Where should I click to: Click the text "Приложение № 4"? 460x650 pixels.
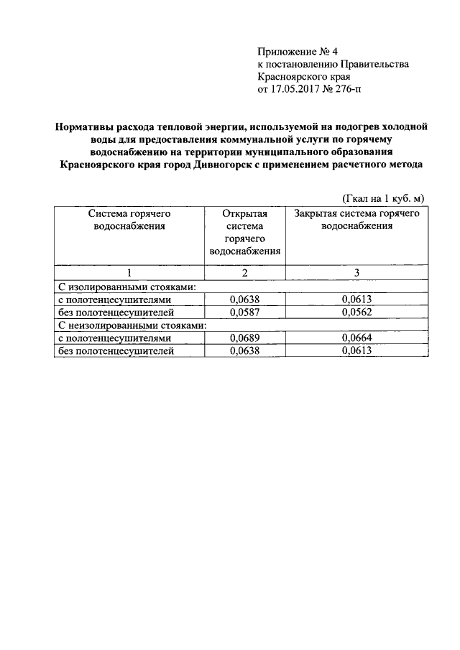tap(297, 52)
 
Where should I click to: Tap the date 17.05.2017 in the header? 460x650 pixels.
tap(295, 90)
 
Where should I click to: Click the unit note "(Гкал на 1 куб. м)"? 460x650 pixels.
tap(382, 198)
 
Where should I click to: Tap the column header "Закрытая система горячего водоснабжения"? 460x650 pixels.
tap(356, 220)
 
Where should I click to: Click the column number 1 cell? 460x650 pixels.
tap(129, 273)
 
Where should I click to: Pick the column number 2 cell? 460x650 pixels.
tap(244, 273)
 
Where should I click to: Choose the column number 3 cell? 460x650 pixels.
tap(356, 273)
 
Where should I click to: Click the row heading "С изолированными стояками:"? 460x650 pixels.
tap(127, 287)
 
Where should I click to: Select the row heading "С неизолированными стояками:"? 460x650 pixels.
tap(132, 325)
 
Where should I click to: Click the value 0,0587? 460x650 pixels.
tap(244, 312)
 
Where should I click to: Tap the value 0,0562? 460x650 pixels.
tap(356, 312)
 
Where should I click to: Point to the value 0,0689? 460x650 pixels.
tap(244, 338)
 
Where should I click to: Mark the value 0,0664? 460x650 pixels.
tap(356, 338)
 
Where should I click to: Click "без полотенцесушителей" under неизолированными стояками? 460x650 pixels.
tap(116, 350)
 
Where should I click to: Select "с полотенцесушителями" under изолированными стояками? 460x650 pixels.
tap(115, 300)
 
